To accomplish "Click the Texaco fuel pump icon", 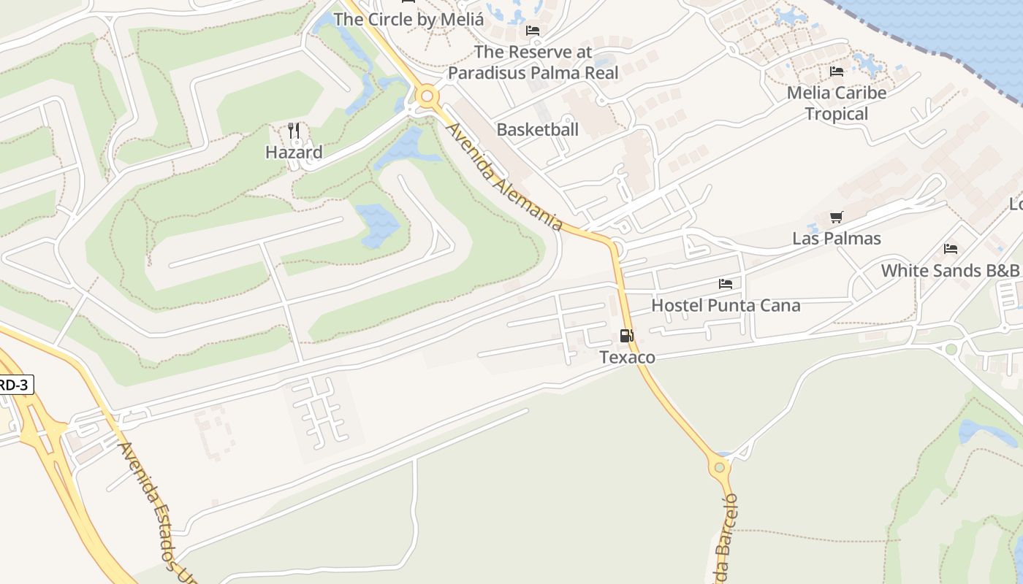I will pyautogui.click(x=626, y=336).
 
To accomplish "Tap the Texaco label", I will pyautogui.click(x=627, y=357).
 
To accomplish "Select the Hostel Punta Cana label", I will pyautogui.click(x=726, y=305).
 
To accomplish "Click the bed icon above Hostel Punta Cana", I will pyautogui.click(x=726, y=284).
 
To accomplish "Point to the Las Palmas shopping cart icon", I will pyautogui.click(x=837, y=218).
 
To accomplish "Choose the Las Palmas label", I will pyautogui.click(x=837, y=239).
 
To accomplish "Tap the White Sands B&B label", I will pyautogui.click(x=950, y=270).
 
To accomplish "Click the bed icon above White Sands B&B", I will pyautogui.click(x=951, y=249).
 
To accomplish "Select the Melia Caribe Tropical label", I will pyautogui.click(x=837, y=103).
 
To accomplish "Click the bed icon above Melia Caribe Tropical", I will pyautogui.click(x=837, y=72).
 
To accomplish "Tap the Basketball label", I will pyautogui.click(x=538, y=130).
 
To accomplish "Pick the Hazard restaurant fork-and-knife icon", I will pyautogui.click(x=294, y=131).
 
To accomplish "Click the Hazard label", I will pyautogui.click(x=294, y=153).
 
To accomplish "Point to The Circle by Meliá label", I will pyautogui.click(x=408, y=20).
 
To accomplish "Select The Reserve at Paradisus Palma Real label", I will pyautogui.click(x=533, y=62).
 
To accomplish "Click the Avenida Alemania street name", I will pyautogui.click(x=504, y=176).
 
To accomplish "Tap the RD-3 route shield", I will pyautogui.click(x=15, y=384).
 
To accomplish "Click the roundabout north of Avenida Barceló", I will pyautogui.click(x=720, y=466).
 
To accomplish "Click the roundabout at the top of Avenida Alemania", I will pyautogui.click(x=427, y=96).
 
